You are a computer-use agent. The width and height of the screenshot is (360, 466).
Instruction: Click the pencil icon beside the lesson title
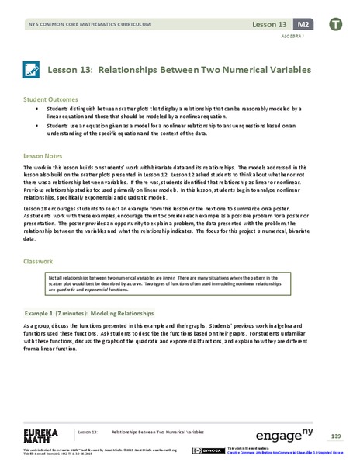coord(33,71)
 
